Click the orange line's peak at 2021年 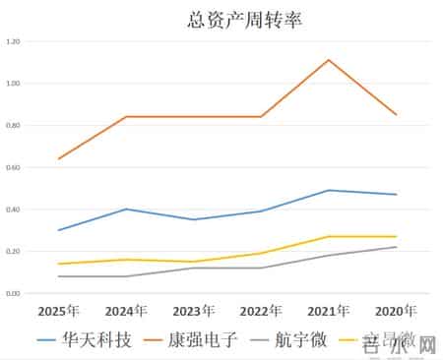[x=329, y=60]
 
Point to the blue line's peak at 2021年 [x=329, y=190]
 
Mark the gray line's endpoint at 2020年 [x=396, y=247]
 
